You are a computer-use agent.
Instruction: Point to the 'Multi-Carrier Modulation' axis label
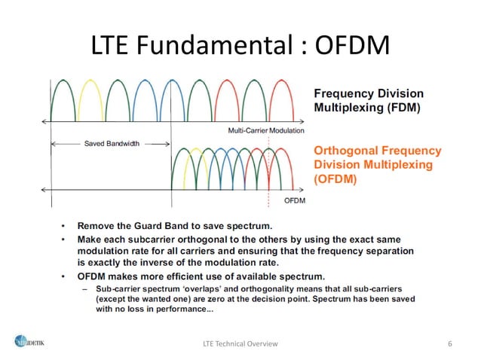[x=266, y=130]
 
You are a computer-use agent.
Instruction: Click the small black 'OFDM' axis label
[x=295, y=201]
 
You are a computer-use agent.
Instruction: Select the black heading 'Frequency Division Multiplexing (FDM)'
[x=368, y=100]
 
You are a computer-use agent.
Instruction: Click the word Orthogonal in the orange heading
[x=344, y=151]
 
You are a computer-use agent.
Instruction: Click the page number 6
[x=449, y=344]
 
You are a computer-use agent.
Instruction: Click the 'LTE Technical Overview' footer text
[x=240, y=344]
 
